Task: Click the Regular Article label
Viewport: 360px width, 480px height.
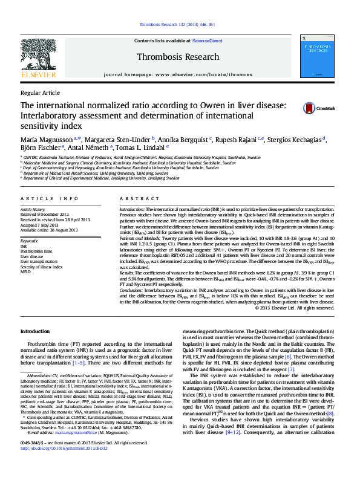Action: coord(40,92)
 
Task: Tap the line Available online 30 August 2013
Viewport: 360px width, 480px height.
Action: coord(57,230)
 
